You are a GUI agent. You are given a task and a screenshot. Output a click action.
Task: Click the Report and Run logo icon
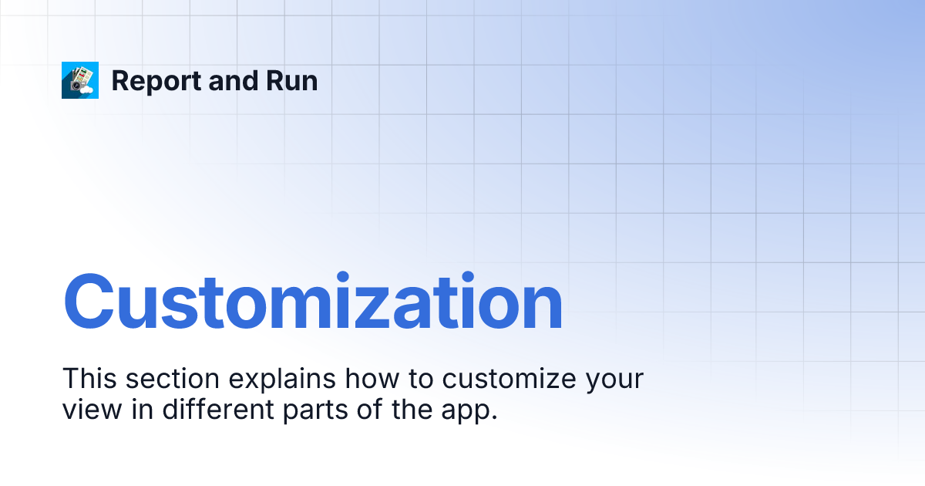coord(80,80)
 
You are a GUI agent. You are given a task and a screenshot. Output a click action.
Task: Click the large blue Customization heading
coord(312,303)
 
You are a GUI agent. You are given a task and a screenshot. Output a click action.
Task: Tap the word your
coord(615,383)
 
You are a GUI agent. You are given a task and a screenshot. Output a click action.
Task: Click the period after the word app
coord(493,418)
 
